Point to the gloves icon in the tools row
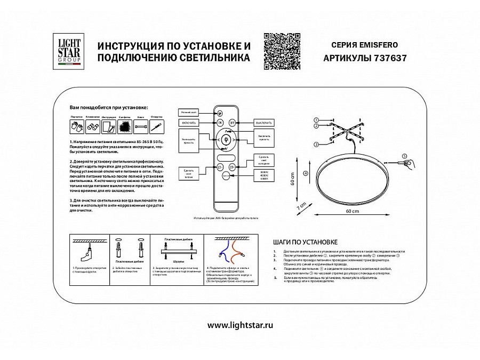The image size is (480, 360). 75,126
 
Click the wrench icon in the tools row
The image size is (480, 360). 141,126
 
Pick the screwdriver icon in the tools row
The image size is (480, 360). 156,126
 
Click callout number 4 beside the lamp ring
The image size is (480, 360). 305,173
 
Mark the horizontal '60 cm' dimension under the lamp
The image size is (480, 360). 348,212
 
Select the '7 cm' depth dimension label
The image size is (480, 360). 302,205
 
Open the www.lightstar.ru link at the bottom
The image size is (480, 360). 239,325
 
